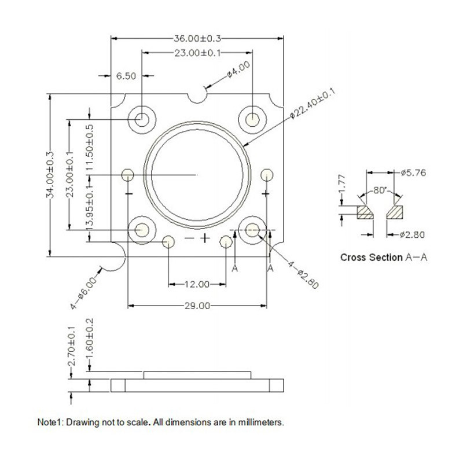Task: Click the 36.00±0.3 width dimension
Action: coord(197,38)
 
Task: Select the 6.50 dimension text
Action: coord(126,76)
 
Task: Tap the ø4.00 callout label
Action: coord(238,69)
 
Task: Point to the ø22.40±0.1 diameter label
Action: coord(313,104)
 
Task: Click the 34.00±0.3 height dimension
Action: coord(50,175)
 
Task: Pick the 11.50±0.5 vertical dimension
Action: coord(90,148)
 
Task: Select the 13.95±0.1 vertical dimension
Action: coord(90,206)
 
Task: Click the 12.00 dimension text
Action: coord(197,284)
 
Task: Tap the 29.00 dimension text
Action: coord(197,306)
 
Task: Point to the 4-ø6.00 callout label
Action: coord(84,293)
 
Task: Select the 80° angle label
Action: coord(380,190)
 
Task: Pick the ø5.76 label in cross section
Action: coord(413,172)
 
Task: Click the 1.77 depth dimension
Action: coord(341,183)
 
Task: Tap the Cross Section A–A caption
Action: coord(384,258)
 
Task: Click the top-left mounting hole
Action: coord(142,120)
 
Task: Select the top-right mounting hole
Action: coord(252,120)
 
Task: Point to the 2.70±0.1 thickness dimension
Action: coord(71,346)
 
